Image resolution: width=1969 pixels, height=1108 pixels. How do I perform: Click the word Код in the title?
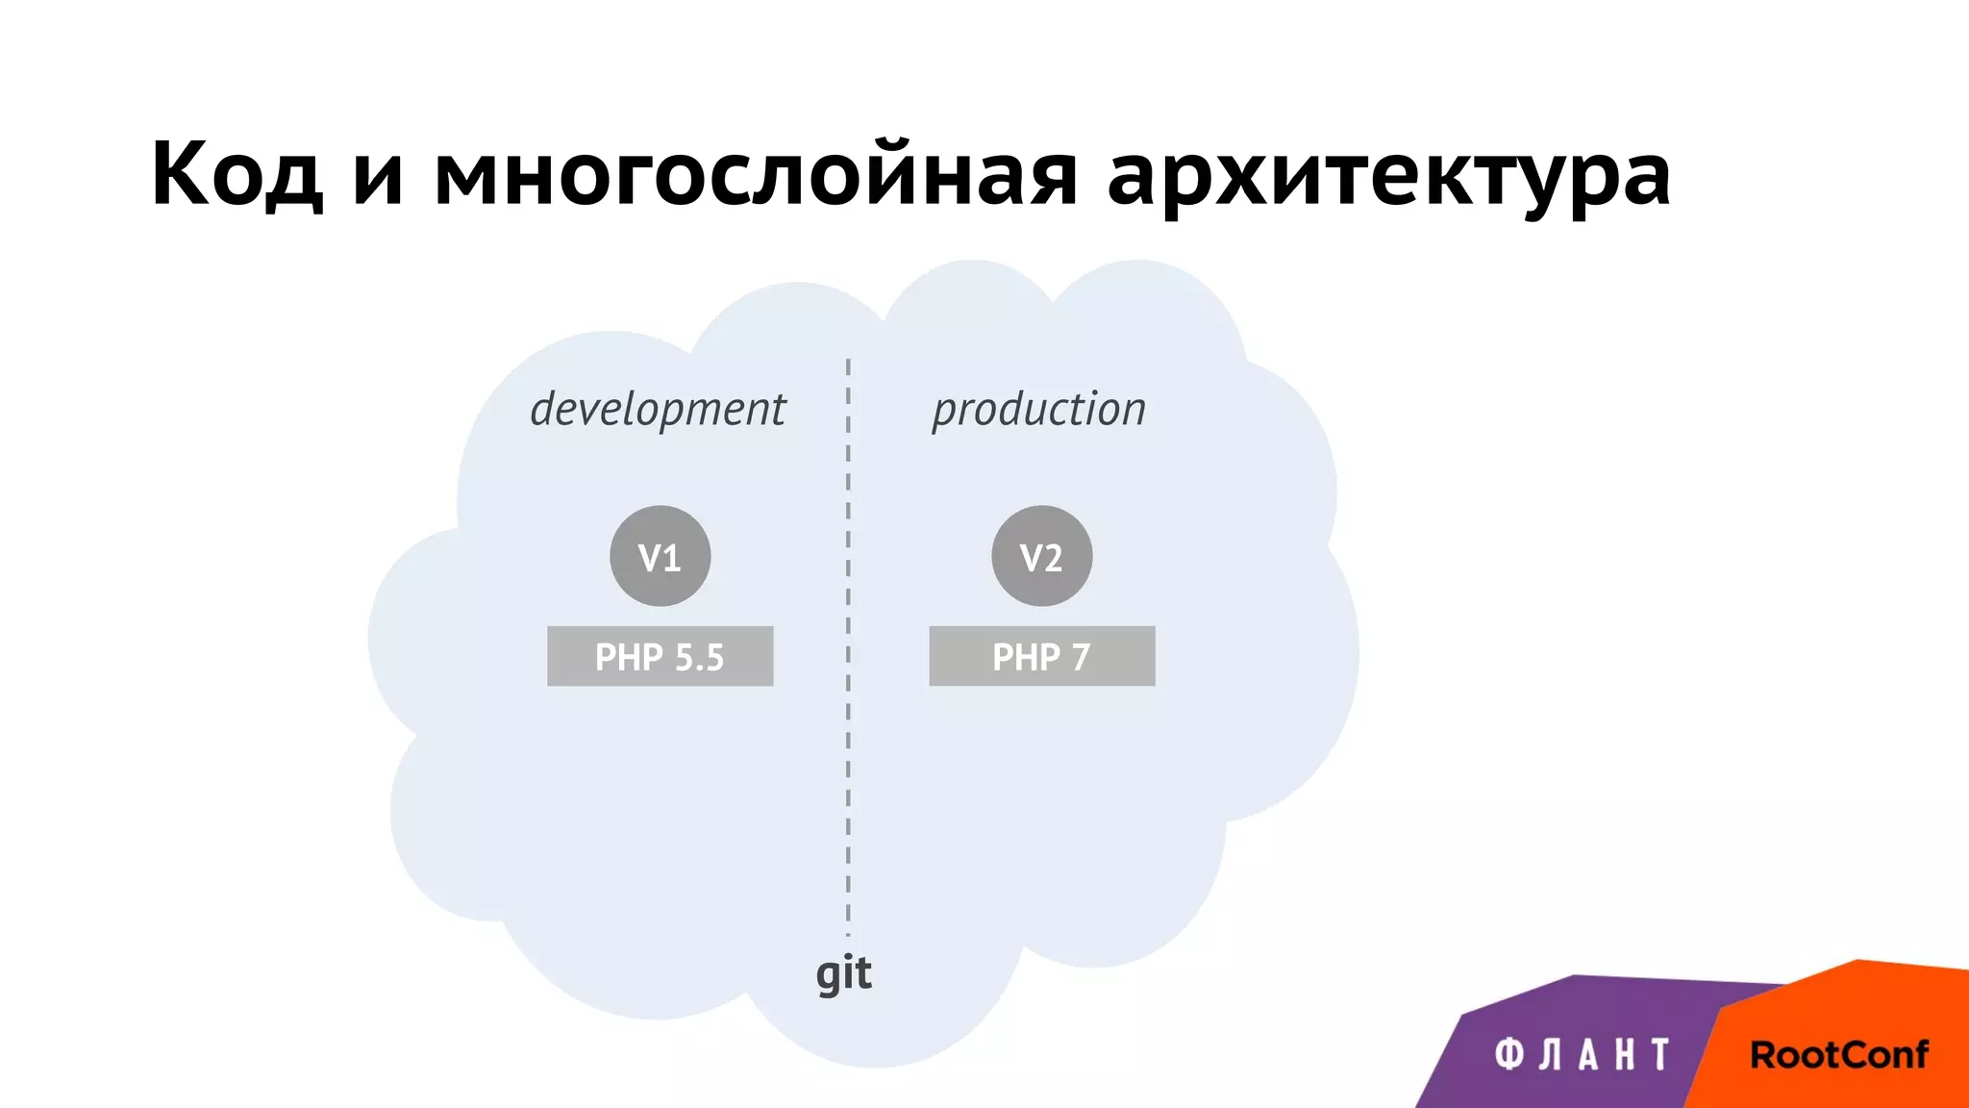click(x=236, y=175)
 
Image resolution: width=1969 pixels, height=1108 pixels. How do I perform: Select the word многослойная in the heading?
click(x=756, y=175)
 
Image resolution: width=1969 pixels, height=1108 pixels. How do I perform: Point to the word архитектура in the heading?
click(x=1388, y=178)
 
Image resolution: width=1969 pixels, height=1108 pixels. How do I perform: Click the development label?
click(x=659, y=409)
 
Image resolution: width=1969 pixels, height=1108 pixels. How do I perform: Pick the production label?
click(x=1039, y=409)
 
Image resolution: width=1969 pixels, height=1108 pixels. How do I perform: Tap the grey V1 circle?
click(x=660, y=556)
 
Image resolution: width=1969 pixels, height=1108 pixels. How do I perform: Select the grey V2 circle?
click(x=1041, y=556)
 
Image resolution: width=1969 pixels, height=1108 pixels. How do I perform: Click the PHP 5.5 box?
click(x=660, y=656)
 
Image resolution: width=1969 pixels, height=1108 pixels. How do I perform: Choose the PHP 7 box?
click(x=1041, y=656)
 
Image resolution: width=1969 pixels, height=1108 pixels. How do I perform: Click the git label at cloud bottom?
click(x=843, y=974)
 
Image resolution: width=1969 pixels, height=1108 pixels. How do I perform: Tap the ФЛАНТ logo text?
click(x=1582, y=1055)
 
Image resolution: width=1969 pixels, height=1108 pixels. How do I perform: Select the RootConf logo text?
click(x=1838, y=1055)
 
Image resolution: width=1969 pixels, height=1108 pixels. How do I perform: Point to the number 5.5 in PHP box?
click(x=699, y=658)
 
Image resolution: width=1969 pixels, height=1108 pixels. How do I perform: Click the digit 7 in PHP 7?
click(x=1081, y=658)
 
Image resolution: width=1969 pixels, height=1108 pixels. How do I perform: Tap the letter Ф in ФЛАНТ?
click(x=1509, y=1055)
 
